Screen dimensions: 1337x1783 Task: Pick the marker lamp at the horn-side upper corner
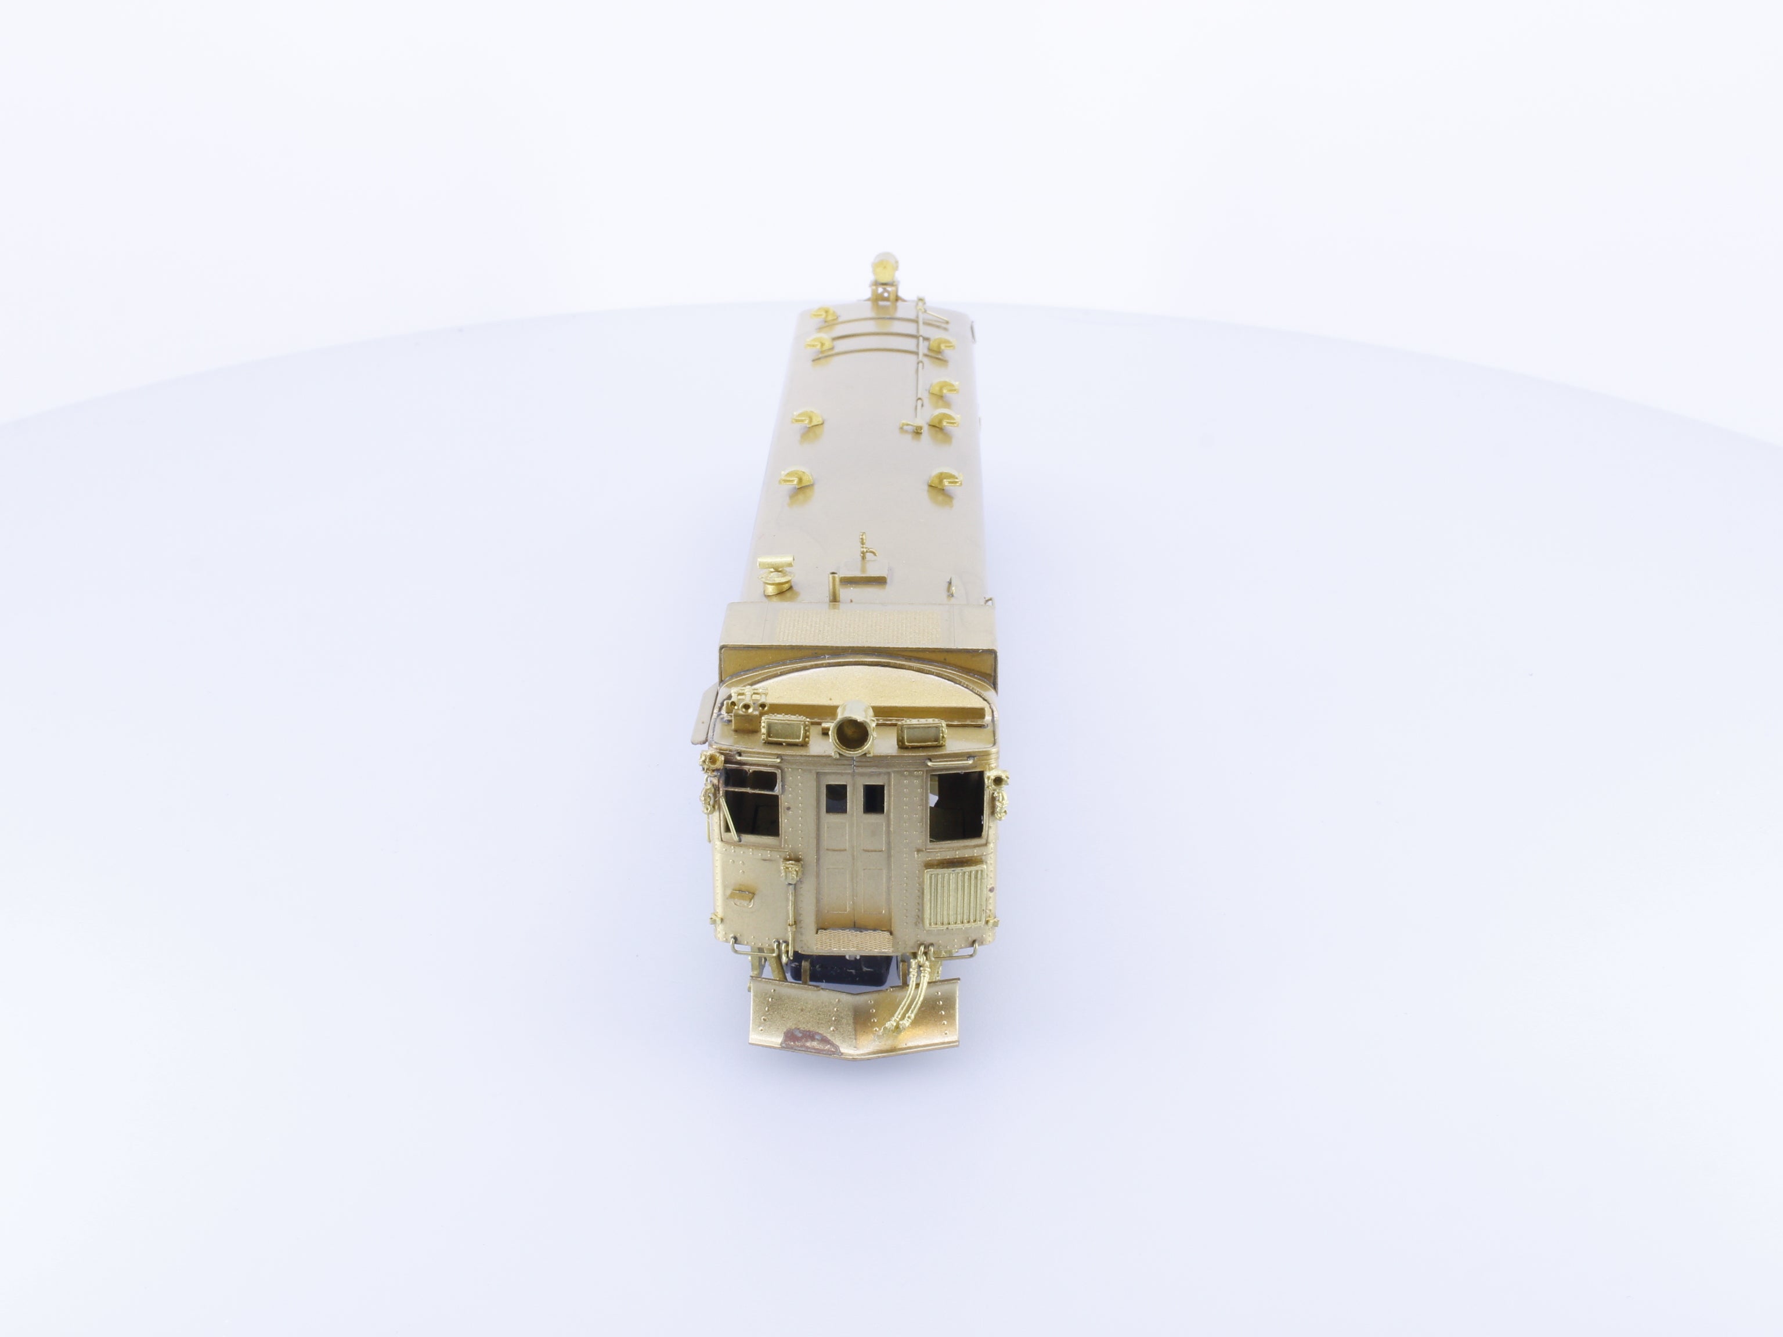713,760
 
